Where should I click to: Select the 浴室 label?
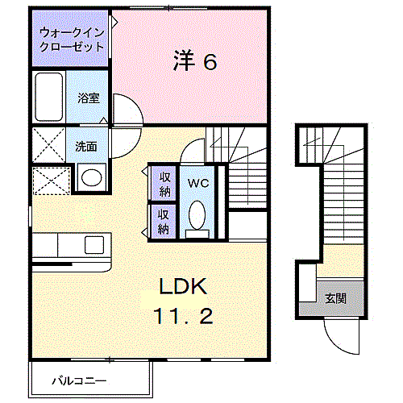pos(89,98)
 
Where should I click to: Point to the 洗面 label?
pos(86,147)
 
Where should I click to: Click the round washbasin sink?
pos(91,177)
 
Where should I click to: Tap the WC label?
pos(197,183)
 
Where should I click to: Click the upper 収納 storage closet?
pos(164,184)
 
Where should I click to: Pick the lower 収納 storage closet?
pos(164,221)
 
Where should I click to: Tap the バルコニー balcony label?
pos(79,379)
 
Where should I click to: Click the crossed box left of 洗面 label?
pos(49,146)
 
